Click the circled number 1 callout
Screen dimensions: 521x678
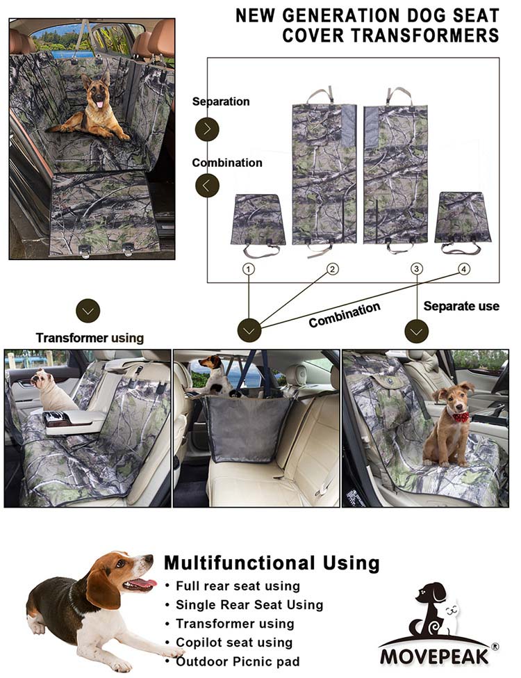[x=249, y=269]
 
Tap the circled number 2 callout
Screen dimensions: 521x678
[x=332, y=269]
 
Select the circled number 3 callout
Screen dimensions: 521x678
[x=417, y=269]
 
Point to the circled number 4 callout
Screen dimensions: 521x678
[x=464, y=269]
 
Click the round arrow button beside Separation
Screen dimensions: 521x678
[x=208, y=129]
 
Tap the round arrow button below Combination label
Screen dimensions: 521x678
[x=208, y=186]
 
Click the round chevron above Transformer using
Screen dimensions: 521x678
[x=88, y=310]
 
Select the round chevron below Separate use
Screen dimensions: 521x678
[x=417, y=331]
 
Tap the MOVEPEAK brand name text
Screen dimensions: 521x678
[x=434, y=656]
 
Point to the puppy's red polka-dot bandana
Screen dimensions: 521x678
[x=460, y=416]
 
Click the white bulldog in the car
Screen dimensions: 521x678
[x=52, y=389]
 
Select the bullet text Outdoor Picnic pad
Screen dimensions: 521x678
[x=238, y=661]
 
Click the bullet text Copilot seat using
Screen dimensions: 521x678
[x=234, y=642]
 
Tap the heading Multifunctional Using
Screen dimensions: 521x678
[x=272, y=563]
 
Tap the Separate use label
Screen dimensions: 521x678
[x=461, y=306]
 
